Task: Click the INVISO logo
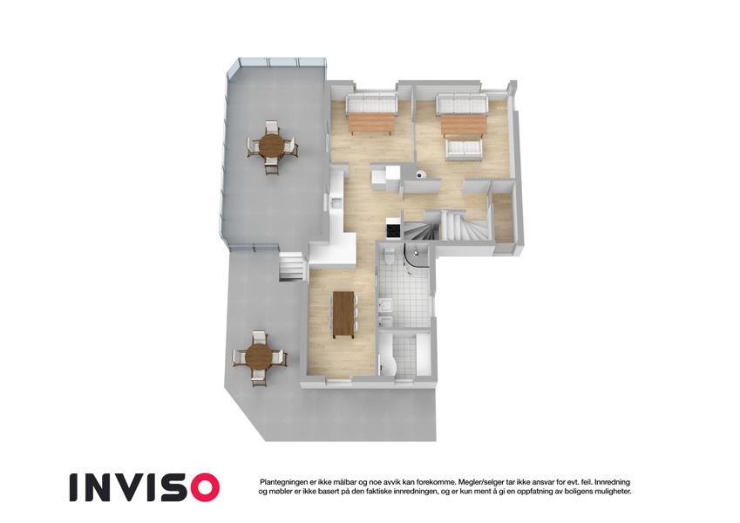tap(145, 487)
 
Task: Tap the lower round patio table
tap(258, 357)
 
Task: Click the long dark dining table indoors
tap(344, 315)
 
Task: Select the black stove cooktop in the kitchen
tap(393, 230)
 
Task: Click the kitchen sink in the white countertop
tap(336, 203)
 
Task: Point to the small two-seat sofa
tap(464, 149)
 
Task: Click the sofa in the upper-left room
tap(371, 103)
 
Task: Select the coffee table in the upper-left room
tap(370, 124)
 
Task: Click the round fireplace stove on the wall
tap(420, 175)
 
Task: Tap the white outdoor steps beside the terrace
tap(291, 267)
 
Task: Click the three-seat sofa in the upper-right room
tap(462, 105)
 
